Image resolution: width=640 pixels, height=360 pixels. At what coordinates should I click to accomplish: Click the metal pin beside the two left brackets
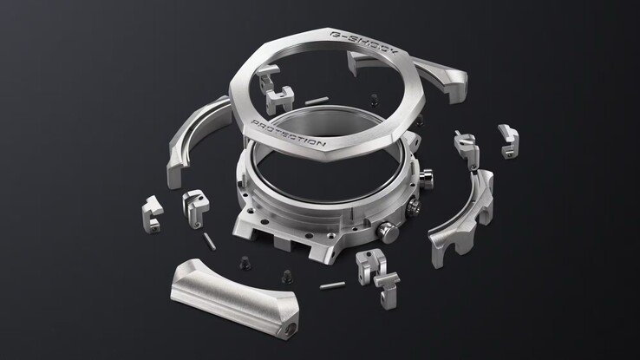pyautogui.click(x=208, y=239)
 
